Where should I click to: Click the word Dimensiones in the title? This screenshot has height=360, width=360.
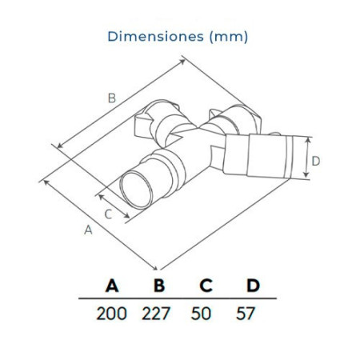pyautogui.click(x=152, y=36)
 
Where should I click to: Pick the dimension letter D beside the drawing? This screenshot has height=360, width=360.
pyautogui.click(x=316, y=161)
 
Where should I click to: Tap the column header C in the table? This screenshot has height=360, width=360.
pyautogui.click(x=206, y=286)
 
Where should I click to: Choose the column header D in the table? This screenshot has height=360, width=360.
pyautogui.click(x=253, y=286)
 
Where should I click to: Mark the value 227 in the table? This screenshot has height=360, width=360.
pyautogui.click(x=158, y=313)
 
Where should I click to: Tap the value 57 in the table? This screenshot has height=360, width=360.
pyautogui.click(x=247, y=313)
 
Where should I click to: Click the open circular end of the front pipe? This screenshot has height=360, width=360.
pyautogui.click(x=135, y=190)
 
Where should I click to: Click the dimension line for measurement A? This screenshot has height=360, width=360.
pyautogui.click(x=100, y=224)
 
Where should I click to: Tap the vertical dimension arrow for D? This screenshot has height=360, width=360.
pyautogui.click(x=306, y=161)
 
